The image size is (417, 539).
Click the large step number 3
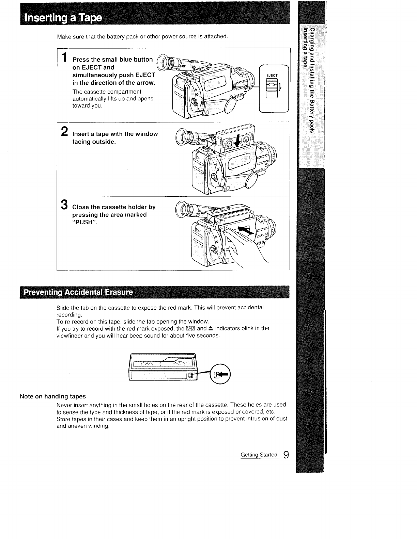point(64,205)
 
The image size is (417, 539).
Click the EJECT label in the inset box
point(272,76)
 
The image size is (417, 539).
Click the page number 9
point(286,455)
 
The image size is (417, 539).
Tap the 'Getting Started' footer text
point(259,455)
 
